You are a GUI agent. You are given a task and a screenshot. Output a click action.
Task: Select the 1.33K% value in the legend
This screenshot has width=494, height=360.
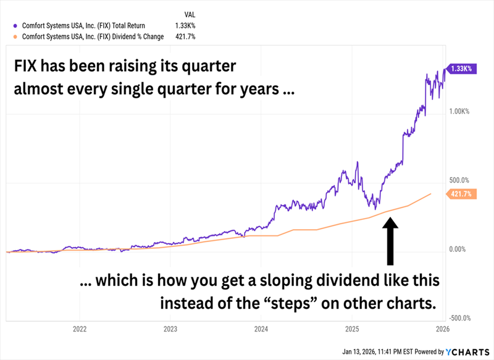click(194, 25)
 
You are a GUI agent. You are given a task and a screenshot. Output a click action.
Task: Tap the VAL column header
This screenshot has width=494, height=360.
click(190, 14)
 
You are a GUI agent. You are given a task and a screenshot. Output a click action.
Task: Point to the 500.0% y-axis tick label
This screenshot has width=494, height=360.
click(459, 180)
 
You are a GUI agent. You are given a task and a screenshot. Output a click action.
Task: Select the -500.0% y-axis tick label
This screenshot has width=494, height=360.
click(459, 318)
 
